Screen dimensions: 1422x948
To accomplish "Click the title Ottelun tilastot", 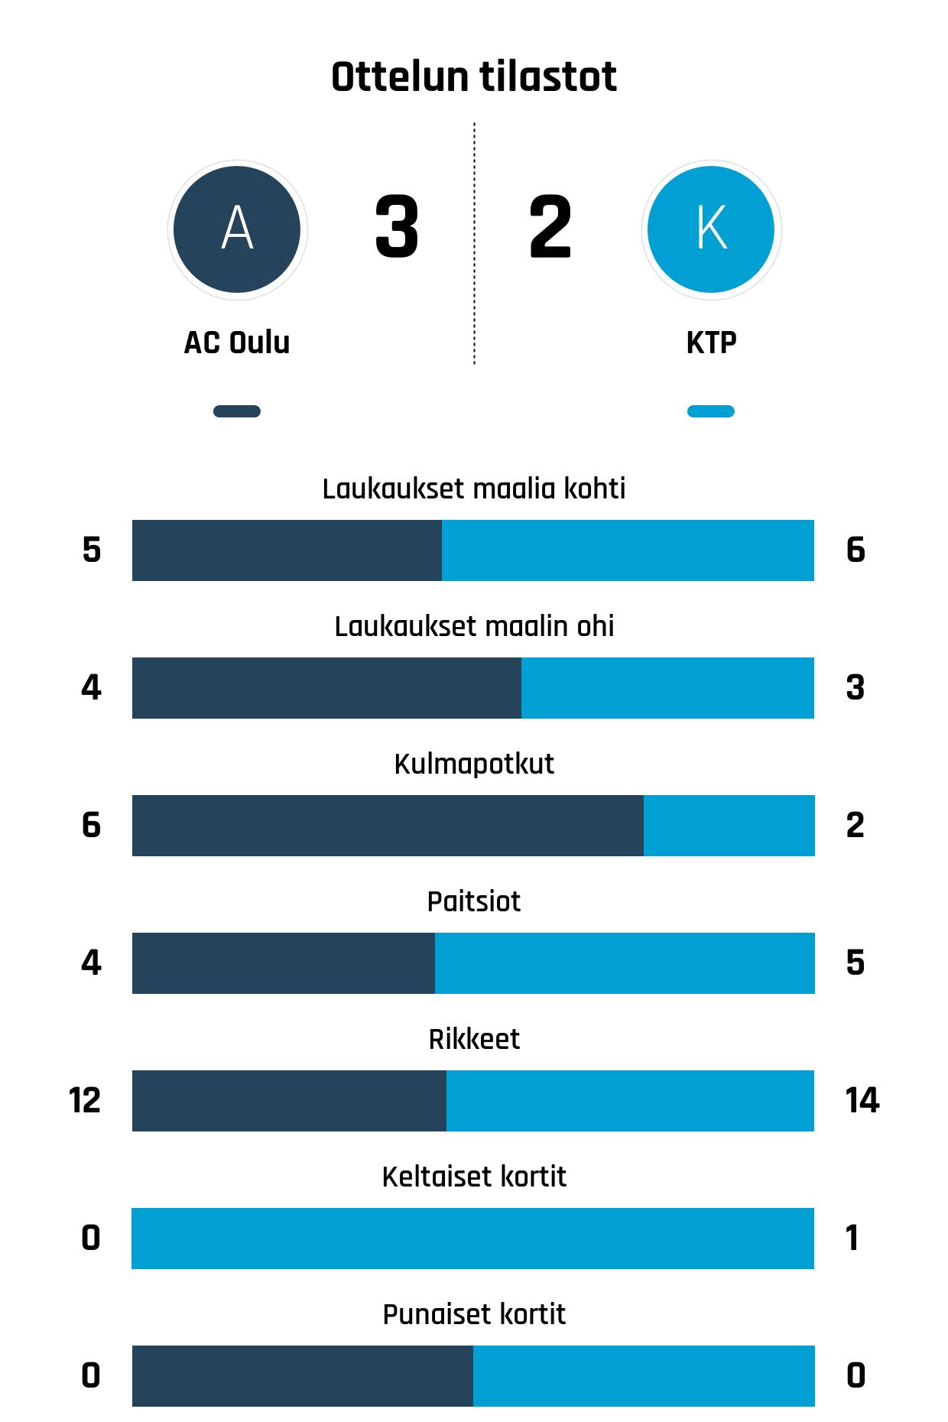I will (473, 77).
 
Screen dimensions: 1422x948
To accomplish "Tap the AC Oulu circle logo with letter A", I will (237, 229).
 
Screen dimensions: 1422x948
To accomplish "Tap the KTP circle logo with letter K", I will (711, 229).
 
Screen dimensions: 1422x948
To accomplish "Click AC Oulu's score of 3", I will (397, 227).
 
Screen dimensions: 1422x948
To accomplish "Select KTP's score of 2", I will (550, 227).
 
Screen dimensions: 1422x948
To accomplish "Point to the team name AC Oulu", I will (237, 343).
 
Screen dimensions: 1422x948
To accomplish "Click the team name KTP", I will (711, 343).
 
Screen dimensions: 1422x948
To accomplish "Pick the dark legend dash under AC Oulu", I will (237, 411).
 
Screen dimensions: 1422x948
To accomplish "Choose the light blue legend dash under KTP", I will (711, 411).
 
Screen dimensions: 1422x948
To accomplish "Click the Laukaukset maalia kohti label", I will (473, 489).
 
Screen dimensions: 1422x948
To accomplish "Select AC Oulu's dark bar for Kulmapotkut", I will (388, 826).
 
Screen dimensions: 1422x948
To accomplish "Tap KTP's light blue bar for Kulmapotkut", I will (729, 826).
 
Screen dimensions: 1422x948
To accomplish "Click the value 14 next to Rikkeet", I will (862, 1100).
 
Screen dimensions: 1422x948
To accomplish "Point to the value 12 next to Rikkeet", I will (84, 1100).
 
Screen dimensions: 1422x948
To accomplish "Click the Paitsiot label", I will (473, 901).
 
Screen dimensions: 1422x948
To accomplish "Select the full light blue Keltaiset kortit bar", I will (472, 1239).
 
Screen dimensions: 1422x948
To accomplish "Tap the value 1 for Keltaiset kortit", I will (852, 1238).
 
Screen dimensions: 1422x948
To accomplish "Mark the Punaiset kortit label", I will (473, 1314).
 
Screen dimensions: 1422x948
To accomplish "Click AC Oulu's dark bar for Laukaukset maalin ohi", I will (326, 688).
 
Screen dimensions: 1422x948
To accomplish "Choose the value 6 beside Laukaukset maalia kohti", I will (855, 550).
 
